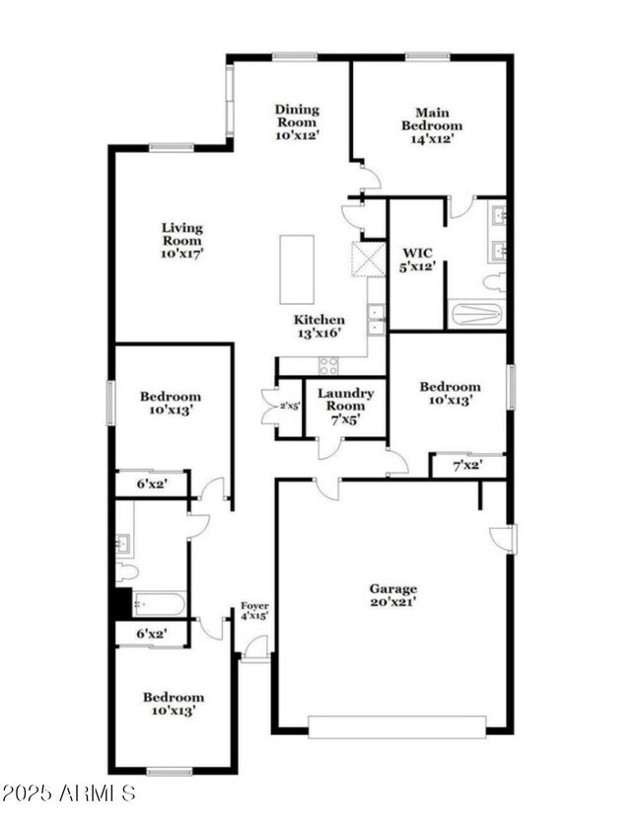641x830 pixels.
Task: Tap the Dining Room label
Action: pyautogui.click(x=297, y=122)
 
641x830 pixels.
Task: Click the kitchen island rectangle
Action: pyautogui.click(x=297, y=269)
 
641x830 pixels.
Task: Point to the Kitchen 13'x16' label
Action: pyautogui.click(x=320, y=327)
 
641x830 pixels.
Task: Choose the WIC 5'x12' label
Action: pyautogui.click(x=416, y=260)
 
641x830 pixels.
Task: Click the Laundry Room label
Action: pyautogui.click(x=345, y=406)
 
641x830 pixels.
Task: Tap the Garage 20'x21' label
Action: pyautogui.click(x=393, y=595)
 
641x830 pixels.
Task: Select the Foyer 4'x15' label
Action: pyautogui.click(x=255, y=611)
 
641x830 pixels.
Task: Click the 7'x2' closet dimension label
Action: pyautogui.click(x=467, y=466)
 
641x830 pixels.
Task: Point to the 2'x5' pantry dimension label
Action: pyautogui.click(x=289, y=406)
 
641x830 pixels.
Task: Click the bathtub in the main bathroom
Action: pyautogui.click(x=475, y=314)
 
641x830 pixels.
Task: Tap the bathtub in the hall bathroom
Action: pyautogui.click(x=159, y=603)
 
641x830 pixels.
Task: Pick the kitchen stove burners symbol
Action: pyautogui.click(x=328, y=365)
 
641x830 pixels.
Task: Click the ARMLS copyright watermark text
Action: pyautogui.click(x=68, y=792)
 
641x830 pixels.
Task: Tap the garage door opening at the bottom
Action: pyautogui.click(x=396, y=727)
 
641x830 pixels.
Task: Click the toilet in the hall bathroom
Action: pyautogui.click(x=126, y=571)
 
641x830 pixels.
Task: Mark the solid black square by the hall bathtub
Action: pyautogui.click(x=123, y=603)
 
